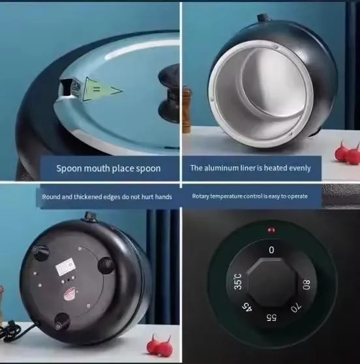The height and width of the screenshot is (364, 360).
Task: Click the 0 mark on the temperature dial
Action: coord(271,250)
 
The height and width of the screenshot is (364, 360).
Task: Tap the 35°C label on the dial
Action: coord(238,282)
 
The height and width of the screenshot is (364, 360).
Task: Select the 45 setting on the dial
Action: coord(247,307)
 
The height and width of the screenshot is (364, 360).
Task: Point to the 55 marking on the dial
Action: coord(271,317)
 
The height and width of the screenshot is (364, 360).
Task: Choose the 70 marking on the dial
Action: coord(296,308)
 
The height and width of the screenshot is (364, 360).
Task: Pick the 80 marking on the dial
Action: coord(307,284)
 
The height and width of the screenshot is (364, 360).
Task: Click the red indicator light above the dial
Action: coord(271,230)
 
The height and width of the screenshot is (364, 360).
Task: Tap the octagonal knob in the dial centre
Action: coord(271,282)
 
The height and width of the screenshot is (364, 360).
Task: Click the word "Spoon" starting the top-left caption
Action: coord(68,168)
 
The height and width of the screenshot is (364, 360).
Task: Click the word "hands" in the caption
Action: coord(164,197)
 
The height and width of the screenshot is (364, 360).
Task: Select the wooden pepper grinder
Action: coord(186,110)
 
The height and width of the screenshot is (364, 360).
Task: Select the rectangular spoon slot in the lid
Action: coord(65,87)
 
